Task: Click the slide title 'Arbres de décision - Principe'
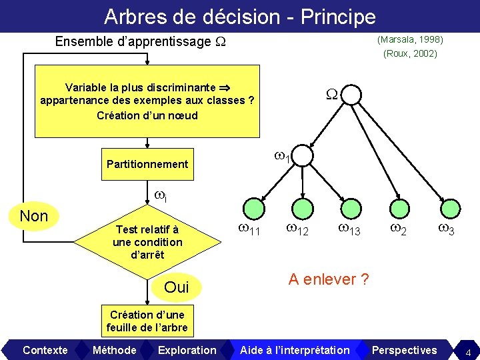(x=240, y=16)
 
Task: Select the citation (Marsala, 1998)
(x=410, y=40)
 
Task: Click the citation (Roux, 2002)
(x=410, y=54)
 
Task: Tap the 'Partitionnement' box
(x=147, y=164)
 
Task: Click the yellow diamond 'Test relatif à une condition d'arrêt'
(x=147, y=242)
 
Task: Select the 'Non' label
(x=33, y=216)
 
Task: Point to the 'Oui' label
(x=176, y=287)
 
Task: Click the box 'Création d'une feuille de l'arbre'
(x=147, y=321)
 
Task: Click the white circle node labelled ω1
(x=301, y=155)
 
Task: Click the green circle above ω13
(x=351, y=208)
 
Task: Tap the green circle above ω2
(x=399, y=208)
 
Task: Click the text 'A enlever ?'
(x=328, y=279)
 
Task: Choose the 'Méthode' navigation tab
(x=114, y=350)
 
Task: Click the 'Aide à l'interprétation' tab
(x=294, y=350)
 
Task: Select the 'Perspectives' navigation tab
(x=404, y=350)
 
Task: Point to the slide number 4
(x=468, y=351)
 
